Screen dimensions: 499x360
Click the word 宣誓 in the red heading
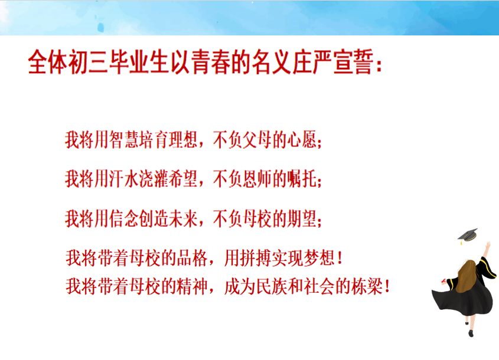click(x=354, y=62)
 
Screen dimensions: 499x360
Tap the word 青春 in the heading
click(x=211, y=62)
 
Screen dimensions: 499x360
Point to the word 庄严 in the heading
click(x=313, y=62)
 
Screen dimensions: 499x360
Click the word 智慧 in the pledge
click(x=124, y=140)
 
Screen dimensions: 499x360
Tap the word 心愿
click(x=302, y=140)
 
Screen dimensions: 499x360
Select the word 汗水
click(x=124, y=179)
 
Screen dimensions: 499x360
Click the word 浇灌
click(x=154, y=179)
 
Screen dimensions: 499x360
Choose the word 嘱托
click(x=302, y=179)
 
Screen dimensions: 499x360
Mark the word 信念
click(x=124, y=219)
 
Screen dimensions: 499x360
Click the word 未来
click(x=183, y=219)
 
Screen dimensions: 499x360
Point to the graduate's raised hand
click(x=488, y=245)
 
